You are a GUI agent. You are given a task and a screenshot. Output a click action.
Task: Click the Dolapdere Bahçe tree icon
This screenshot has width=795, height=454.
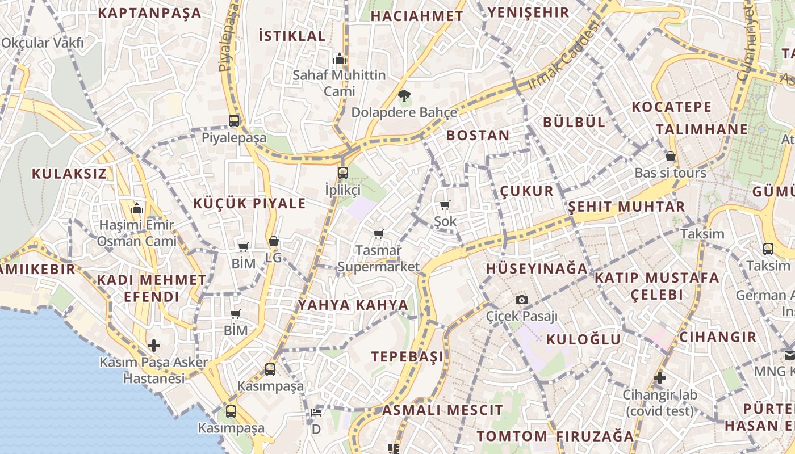click(x=404, y=95)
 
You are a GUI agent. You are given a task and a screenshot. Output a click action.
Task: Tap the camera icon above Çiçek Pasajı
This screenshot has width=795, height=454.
click(x=522, y=300)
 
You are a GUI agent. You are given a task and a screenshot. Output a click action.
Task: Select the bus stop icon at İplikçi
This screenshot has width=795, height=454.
click(x=342, y=173)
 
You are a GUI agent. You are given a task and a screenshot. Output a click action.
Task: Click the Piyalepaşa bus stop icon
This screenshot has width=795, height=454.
click(x=234, y=120)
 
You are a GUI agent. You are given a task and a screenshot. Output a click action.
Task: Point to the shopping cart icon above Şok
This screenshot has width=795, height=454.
click(x=445, y=205)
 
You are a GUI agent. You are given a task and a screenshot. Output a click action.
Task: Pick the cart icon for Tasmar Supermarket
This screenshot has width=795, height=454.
click(x=379, y=234)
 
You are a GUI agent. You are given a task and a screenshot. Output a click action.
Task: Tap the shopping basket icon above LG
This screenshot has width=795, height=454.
click(x=274, y=242)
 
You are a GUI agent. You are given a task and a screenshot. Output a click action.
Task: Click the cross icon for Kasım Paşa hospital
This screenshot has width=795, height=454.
click(x=153, y=345)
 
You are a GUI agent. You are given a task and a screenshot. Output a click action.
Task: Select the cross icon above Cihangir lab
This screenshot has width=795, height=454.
click(x=659, y=377)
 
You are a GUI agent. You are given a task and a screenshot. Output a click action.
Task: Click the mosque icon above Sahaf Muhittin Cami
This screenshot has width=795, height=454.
click(x=340, y=58)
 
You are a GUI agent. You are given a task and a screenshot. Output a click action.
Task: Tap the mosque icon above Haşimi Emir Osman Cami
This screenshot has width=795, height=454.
click(x=136, y=209)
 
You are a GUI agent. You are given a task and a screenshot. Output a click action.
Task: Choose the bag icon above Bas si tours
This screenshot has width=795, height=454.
click(x=671, y=156)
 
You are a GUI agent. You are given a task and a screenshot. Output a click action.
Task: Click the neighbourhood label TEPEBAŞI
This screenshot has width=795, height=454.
click(x=407, y=357)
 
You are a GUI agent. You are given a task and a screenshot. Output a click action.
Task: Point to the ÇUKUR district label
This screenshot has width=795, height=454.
click(x=527, y=191)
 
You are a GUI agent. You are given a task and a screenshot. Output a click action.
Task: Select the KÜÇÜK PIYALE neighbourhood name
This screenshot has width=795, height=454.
click(x=249, y=204)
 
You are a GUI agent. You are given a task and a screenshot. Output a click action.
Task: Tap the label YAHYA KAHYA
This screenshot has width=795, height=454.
click(x=353, y=305)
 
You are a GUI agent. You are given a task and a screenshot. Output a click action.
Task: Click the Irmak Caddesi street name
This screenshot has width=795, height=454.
click(x=563, y=56)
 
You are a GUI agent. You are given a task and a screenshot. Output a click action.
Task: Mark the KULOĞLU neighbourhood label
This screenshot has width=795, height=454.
click(x=583, y=339)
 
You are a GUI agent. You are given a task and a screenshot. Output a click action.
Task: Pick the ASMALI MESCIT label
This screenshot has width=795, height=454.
click(x=442, y=410)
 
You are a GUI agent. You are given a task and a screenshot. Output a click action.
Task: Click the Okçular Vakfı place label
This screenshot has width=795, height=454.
click(x=43, y=43)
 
